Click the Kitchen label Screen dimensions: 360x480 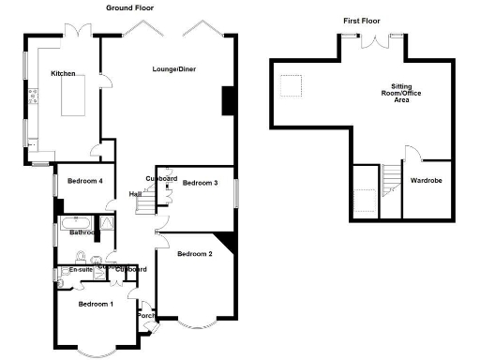[63, 73]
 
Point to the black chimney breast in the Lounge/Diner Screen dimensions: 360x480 [227, 100]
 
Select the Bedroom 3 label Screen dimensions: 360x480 [200, 183]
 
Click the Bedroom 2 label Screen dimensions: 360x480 [195, 254]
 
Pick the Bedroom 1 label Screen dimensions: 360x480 [96, 305]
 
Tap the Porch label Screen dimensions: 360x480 [145, 315]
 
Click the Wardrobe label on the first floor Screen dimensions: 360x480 [426, 179]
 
